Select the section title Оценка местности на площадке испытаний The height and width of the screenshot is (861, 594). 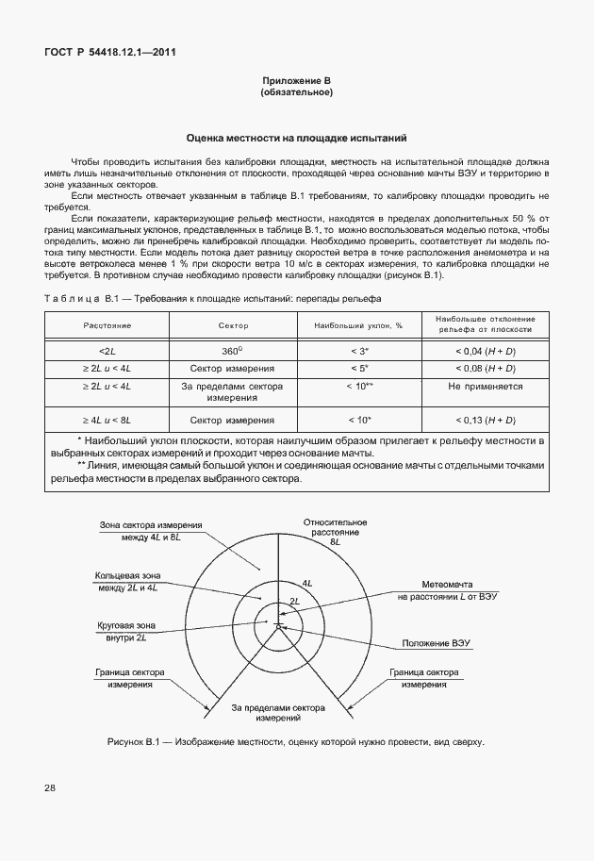296,137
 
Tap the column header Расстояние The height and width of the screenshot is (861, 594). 107,324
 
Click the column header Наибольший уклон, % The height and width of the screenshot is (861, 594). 358,324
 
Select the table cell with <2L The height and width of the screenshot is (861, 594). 107,351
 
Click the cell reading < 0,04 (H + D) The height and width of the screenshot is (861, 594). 486,351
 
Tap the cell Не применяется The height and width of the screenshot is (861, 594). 486,387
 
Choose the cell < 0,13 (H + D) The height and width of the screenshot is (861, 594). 486,420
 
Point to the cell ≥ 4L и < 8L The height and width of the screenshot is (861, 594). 107,420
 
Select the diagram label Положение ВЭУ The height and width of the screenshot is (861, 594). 436,643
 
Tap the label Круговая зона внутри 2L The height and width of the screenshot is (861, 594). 121,631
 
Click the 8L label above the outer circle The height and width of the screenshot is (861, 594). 335,543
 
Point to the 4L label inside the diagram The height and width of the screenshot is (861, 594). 307,584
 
